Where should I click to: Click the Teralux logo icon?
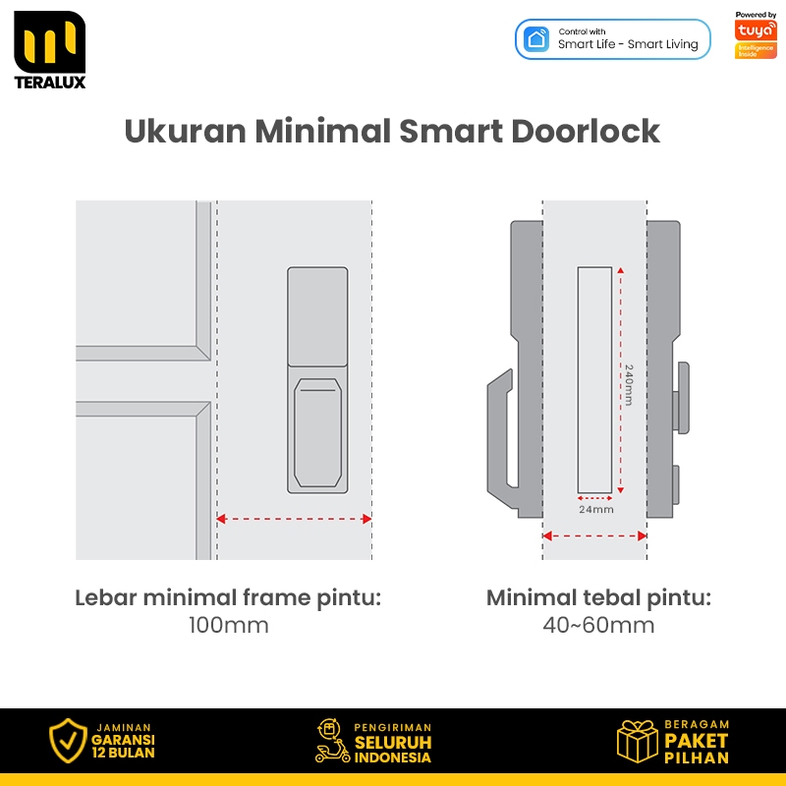50,42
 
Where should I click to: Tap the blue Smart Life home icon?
536,39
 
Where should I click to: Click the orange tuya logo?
756,30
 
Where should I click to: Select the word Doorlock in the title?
585,132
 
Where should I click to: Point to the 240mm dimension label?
629,384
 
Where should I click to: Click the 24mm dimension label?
596,510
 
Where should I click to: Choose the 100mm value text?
229,625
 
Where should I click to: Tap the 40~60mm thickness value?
598,625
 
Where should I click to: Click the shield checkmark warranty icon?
68,741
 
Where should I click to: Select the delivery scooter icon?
332,741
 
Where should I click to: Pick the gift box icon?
637,742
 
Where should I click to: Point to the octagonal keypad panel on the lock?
317,432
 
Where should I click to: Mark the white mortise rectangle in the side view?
594,380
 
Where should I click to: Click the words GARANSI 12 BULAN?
124,747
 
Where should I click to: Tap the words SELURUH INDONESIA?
393,750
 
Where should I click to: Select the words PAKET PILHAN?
697,749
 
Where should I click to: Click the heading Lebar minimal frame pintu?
228,598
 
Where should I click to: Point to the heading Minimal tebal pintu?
598,598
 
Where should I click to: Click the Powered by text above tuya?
756,15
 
